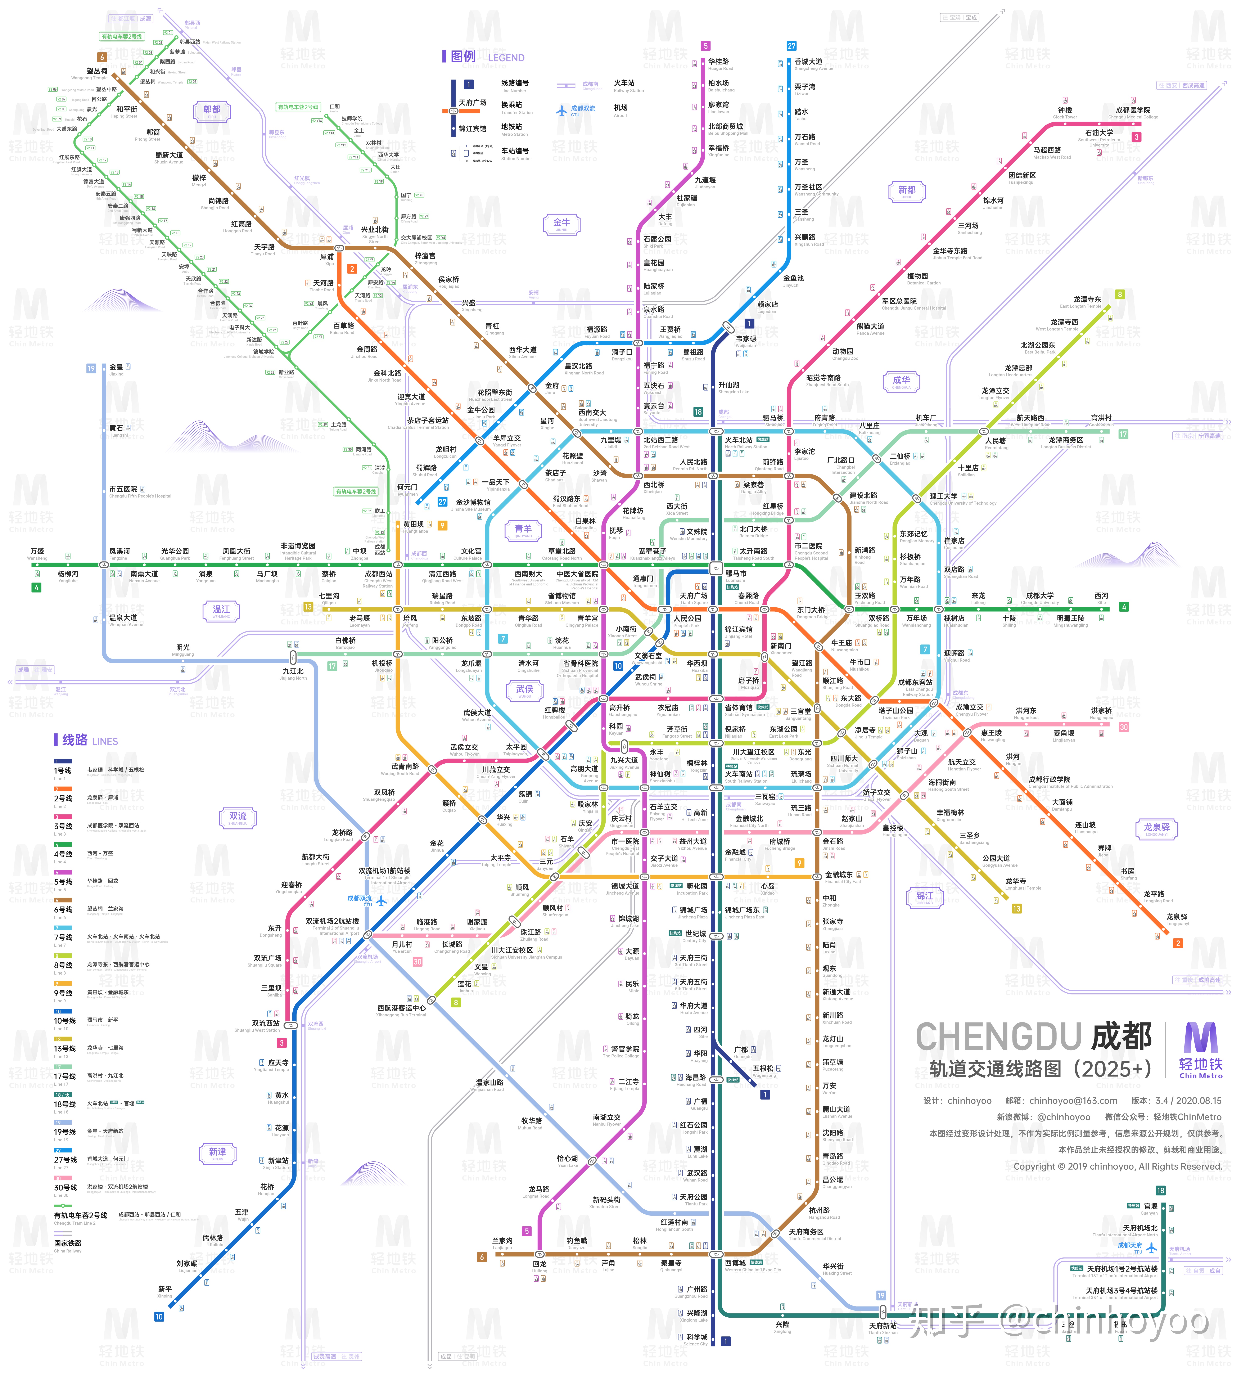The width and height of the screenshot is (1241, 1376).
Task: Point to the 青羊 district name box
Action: point(523,530)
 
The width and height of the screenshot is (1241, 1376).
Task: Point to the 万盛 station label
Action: point(37,552)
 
